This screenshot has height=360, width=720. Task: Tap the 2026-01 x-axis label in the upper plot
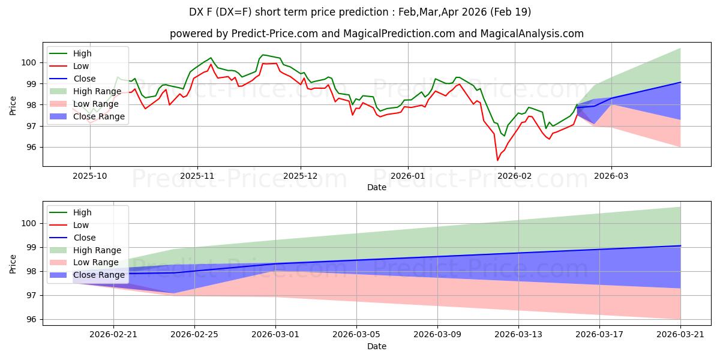[x=407, y=176]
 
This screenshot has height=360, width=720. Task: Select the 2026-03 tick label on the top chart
[x=611, y=176]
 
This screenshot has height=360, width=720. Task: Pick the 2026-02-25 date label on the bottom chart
[x=194, y=335]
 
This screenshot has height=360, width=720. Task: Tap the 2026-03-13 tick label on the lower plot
[x=518, y=335]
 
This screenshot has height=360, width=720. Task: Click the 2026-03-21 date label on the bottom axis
[x=680, y=335]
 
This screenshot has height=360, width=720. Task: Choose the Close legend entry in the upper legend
[x=84, y=79]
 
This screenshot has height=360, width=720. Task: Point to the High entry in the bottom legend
[x=82, y=212]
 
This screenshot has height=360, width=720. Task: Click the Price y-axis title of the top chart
[x=13, y=105]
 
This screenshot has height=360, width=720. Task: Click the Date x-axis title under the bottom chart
[x=377, y=346]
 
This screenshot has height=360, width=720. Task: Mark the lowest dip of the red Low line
[x=497, y=160]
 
